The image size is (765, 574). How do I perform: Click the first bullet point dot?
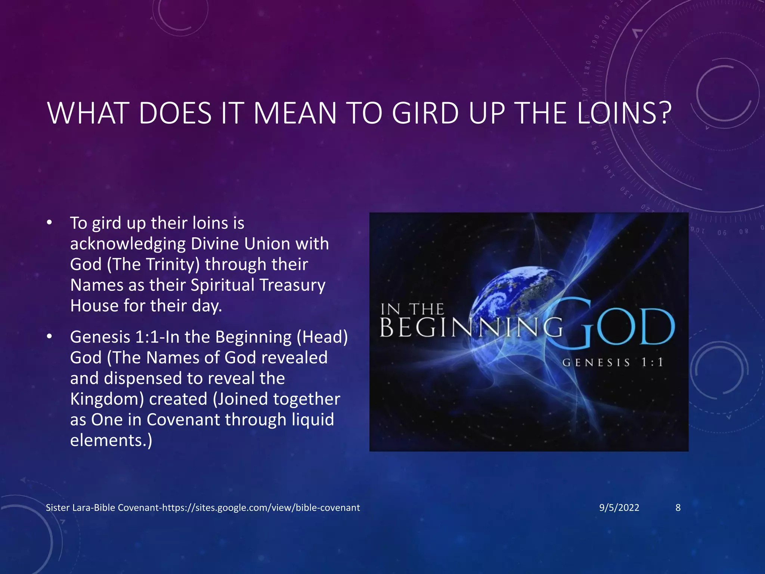click(49, 223)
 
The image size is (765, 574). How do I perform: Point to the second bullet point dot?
click(49, 337)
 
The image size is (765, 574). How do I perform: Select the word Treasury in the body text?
click(292, 285)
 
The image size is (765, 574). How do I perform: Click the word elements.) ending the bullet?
click(111, 440)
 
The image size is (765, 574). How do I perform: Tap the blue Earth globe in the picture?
click(512, 295)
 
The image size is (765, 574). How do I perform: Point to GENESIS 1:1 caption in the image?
click(613, 362)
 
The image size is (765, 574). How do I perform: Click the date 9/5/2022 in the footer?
click(619, 507)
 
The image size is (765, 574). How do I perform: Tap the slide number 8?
click(678, 507)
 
